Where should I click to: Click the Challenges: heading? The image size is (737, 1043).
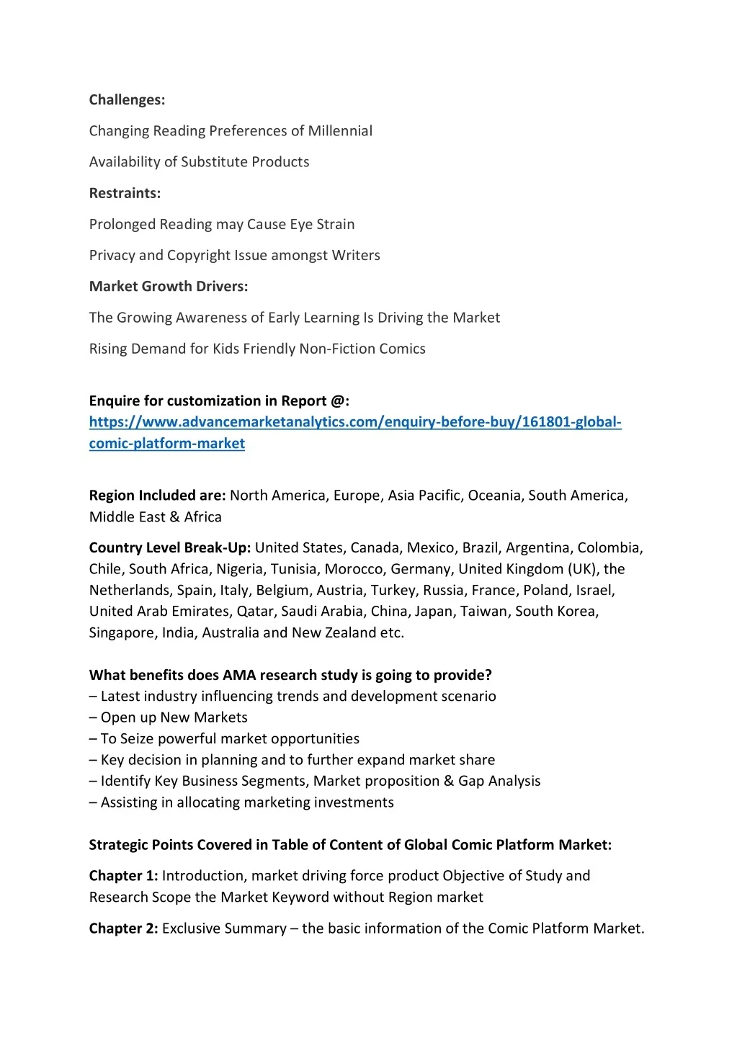pyautogui.click(x=127, y=100)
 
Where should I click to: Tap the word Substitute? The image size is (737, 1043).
pyautogui.click(x=214, y=162)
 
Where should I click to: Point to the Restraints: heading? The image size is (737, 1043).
pyautogui.click(x=125, y=193)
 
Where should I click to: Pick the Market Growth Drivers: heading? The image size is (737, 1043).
pyautogui.click(x=169, y=287)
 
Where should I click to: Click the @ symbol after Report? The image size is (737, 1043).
pyautogui.click(x=337, y=401)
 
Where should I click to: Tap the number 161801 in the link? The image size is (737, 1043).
pyautogui.click(x=545, y=422)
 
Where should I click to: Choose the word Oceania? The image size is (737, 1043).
pyautogui.click(x=496, y=496)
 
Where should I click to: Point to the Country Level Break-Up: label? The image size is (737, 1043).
pyautogui.click(x=170, y=548)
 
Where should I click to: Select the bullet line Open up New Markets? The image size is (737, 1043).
pyautogui.click(x=169, y=717)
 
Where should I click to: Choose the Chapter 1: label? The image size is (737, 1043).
pyautogui.click(x=123, y=876)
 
